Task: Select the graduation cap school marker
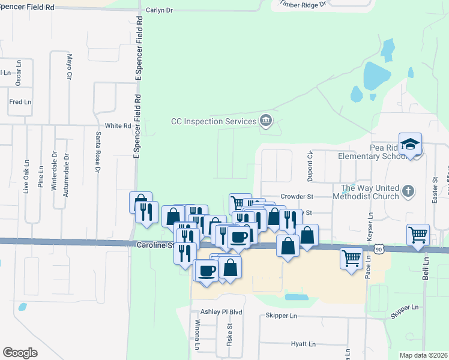pos(410,145)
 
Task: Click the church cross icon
pos(408,191)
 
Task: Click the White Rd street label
pos(118,126)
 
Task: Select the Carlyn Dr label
pos(159,11)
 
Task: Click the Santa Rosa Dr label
pos(97,151)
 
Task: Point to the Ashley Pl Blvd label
pos(221,312)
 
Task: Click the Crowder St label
pos(297,196)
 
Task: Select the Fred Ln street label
pos(20,102)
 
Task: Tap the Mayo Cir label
pos(69,67)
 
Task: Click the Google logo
pos(20,352)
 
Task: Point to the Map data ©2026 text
pos(423,355)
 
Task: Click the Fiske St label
pos(229,331)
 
